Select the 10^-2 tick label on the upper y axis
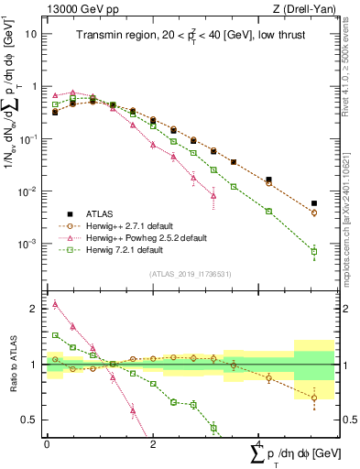coord(27,191)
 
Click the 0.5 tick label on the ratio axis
coord(29,420)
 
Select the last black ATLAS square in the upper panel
coord(314,203)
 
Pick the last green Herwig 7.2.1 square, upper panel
coord(314,251)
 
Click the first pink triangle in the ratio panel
coord(55,304)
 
